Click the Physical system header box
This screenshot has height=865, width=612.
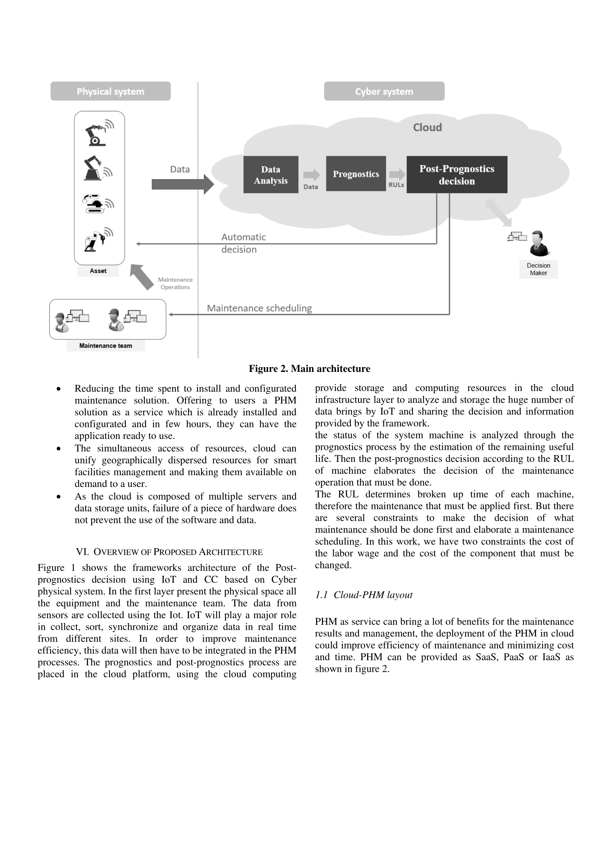click(x=110, y=91)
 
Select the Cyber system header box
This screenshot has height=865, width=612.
click(x=384, y=91)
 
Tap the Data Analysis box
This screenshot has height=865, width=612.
click(x=271, y=174)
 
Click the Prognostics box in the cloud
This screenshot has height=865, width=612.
click(x=356, y=174)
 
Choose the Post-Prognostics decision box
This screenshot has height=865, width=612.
click(x=457, y=174)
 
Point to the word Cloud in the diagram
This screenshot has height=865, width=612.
click(x=427, y=127)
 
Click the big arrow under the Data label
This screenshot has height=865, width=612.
click(x=183, y=184)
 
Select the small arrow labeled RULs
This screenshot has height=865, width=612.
click(x=397, y=174)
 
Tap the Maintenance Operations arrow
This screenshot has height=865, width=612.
click(x=142, y=277)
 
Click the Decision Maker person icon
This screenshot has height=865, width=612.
click(x=540, y=243)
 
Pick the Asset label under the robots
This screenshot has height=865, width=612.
click(x=98, y=271)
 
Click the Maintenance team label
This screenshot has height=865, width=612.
click(x=105, y=346)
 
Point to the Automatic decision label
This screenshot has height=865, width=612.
click(x=243, y=243)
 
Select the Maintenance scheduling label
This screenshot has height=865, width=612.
click(x=259, y=308)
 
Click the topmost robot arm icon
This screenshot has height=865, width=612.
click(x=99, y=133)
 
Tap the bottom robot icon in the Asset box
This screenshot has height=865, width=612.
click(x=99, y=239)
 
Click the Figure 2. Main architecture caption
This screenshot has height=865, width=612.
click(x=309, y=368)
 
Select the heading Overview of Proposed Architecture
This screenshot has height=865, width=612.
click(x=169, y=552)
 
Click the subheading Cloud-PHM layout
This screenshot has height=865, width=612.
click(x=364, y=595)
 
